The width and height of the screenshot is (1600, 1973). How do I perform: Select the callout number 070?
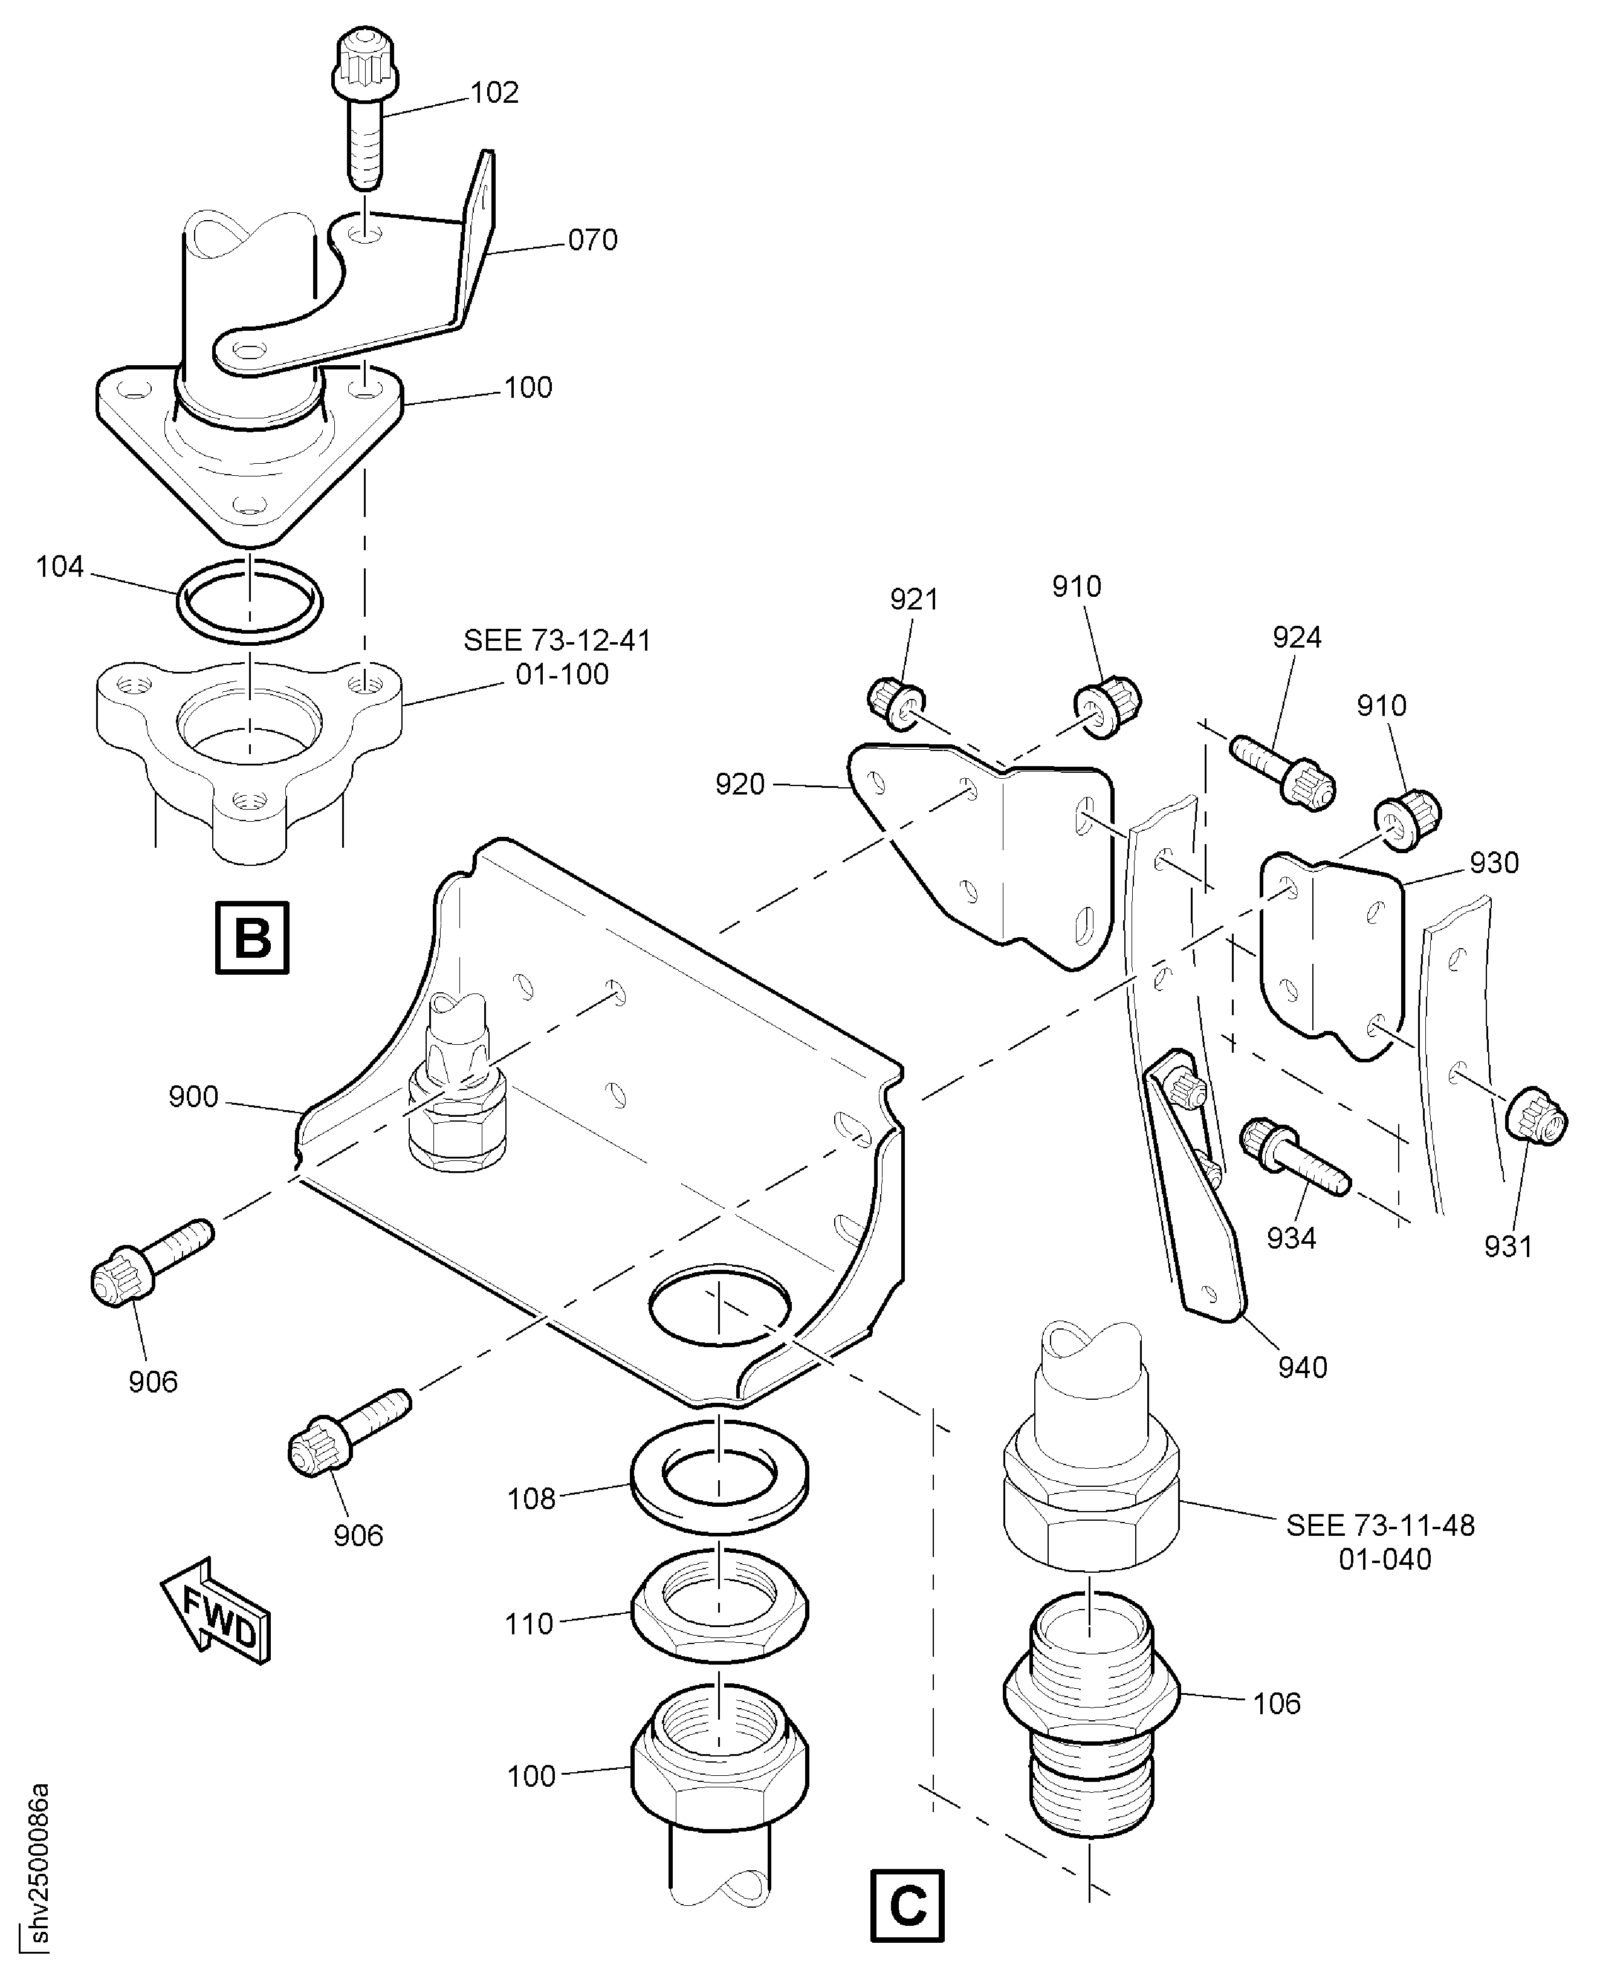(x=592, y=241)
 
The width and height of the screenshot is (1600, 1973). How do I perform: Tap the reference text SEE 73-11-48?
(x=1380, y=1526)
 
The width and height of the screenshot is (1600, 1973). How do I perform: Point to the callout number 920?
(x=740, y=785)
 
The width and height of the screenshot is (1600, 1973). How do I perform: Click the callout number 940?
(x=1302, y=1367)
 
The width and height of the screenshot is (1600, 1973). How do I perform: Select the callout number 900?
(x=193, y=1097)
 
